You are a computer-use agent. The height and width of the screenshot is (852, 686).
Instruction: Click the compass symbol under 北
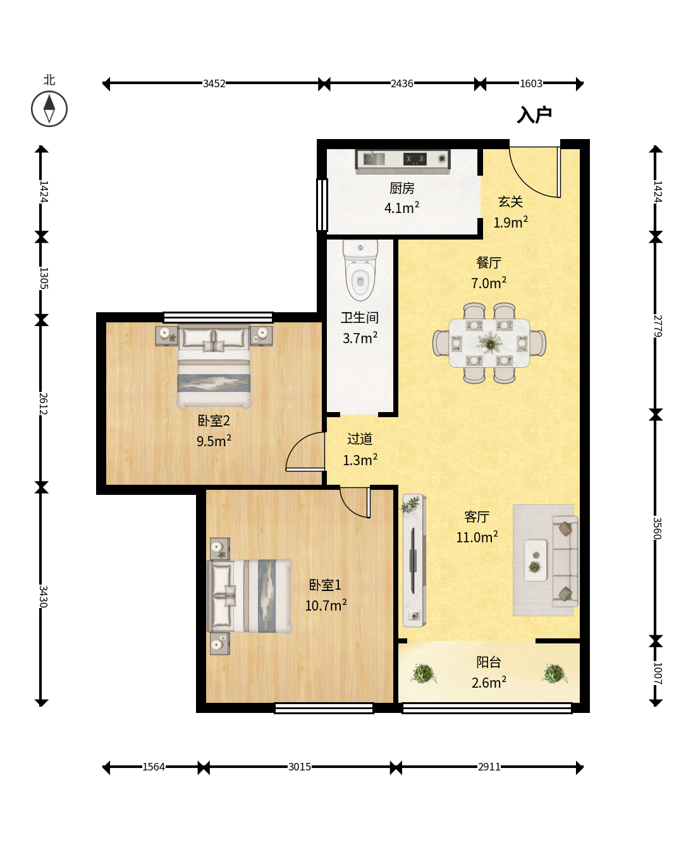coord(49,109)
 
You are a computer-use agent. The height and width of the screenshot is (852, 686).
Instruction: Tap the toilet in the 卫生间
coord(360,270)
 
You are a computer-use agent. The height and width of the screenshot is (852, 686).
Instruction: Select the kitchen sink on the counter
coord(374,159)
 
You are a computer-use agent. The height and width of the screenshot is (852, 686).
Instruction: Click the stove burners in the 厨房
coord(415,159)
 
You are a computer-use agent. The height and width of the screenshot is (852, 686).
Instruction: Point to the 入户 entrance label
coord(534,115)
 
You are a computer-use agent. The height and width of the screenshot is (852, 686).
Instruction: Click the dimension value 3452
coord(214,83)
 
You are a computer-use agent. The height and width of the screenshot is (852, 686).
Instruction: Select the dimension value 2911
coord(489,767)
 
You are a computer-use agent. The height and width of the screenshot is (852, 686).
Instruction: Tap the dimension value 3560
coord(657,528)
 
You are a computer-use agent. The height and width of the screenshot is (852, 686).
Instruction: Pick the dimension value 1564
coord(154,767)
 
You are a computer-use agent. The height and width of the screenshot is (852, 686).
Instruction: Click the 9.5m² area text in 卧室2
coord(214,441)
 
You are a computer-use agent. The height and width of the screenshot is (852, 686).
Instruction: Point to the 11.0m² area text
coord(477,537)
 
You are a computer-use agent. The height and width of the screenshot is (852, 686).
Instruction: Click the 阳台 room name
coord(489,662)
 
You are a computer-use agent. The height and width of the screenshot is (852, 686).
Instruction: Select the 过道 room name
coord(360,439)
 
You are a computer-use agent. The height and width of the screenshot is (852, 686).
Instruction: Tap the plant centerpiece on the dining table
coord(490,343)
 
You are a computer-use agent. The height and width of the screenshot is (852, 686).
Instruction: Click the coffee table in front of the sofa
coord(536,560)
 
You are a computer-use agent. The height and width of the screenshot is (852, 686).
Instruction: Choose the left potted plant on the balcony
coord(424,673)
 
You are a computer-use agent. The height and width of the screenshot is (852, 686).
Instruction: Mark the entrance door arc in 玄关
coord(525,179)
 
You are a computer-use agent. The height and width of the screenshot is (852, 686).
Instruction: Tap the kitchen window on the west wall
coord(322,205)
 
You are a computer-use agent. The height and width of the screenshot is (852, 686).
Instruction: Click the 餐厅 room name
coord(489,262)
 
